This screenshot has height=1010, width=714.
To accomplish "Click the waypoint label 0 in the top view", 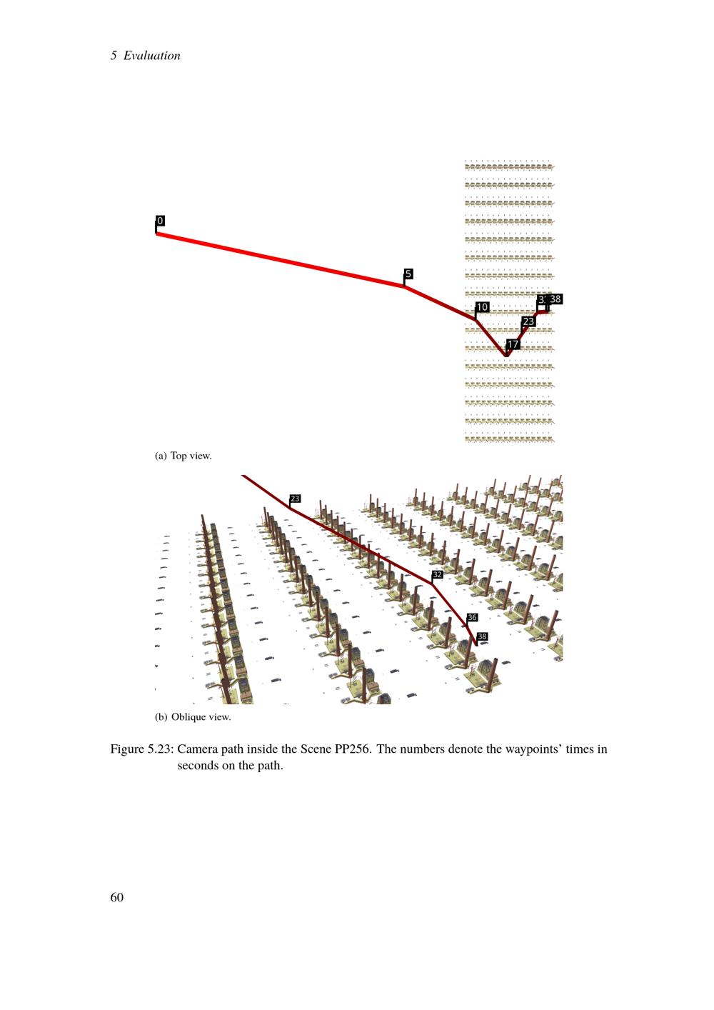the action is click(x=160, y=221).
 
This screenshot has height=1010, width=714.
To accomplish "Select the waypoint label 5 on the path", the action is click(x=408, y=274).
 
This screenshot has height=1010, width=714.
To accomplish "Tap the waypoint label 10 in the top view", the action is click(x=483, y=307).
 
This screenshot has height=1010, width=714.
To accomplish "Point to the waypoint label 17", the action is click(x=513, y=344).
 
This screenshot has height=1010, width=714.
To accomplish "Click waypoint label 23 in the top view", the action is click(x=528, y=321).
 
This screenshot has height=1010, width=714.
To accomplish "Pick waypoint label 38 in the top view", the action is click(x=555, y=299).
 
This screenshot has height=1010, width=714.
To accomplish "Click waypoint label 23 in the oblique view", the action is click(x=295, y=499).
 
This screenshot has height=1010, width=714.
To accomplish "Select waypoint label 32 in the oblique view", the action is click(x=437, y=574).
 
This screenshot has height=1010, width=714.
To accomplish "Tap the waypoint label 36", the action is click(x=472, y=617).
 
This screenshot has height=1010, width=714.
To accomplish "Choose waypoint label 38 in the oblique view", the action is click(x=483, y=636).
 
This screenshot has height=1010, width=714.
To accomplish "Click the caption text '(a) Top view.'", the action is click(x=183, y=456).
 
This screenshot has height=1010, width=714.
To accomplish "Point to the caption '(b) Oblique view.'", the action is click(x=193, y=717).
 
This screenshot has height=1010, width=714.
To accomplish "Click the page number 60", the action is click(x=117, y=897).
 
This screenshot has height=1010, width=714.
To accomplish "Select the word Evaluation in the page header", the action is click(x=152, y=56).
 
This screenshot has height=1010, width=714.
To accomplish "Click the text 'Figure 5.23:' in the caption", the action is click(x=142, y=749).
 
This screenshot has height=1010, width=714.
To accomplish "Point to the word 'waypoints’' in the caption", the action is click(x=533, y=749).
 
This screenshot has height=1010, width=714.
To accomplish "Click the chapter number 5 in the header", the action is click(x=114, y=56).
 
